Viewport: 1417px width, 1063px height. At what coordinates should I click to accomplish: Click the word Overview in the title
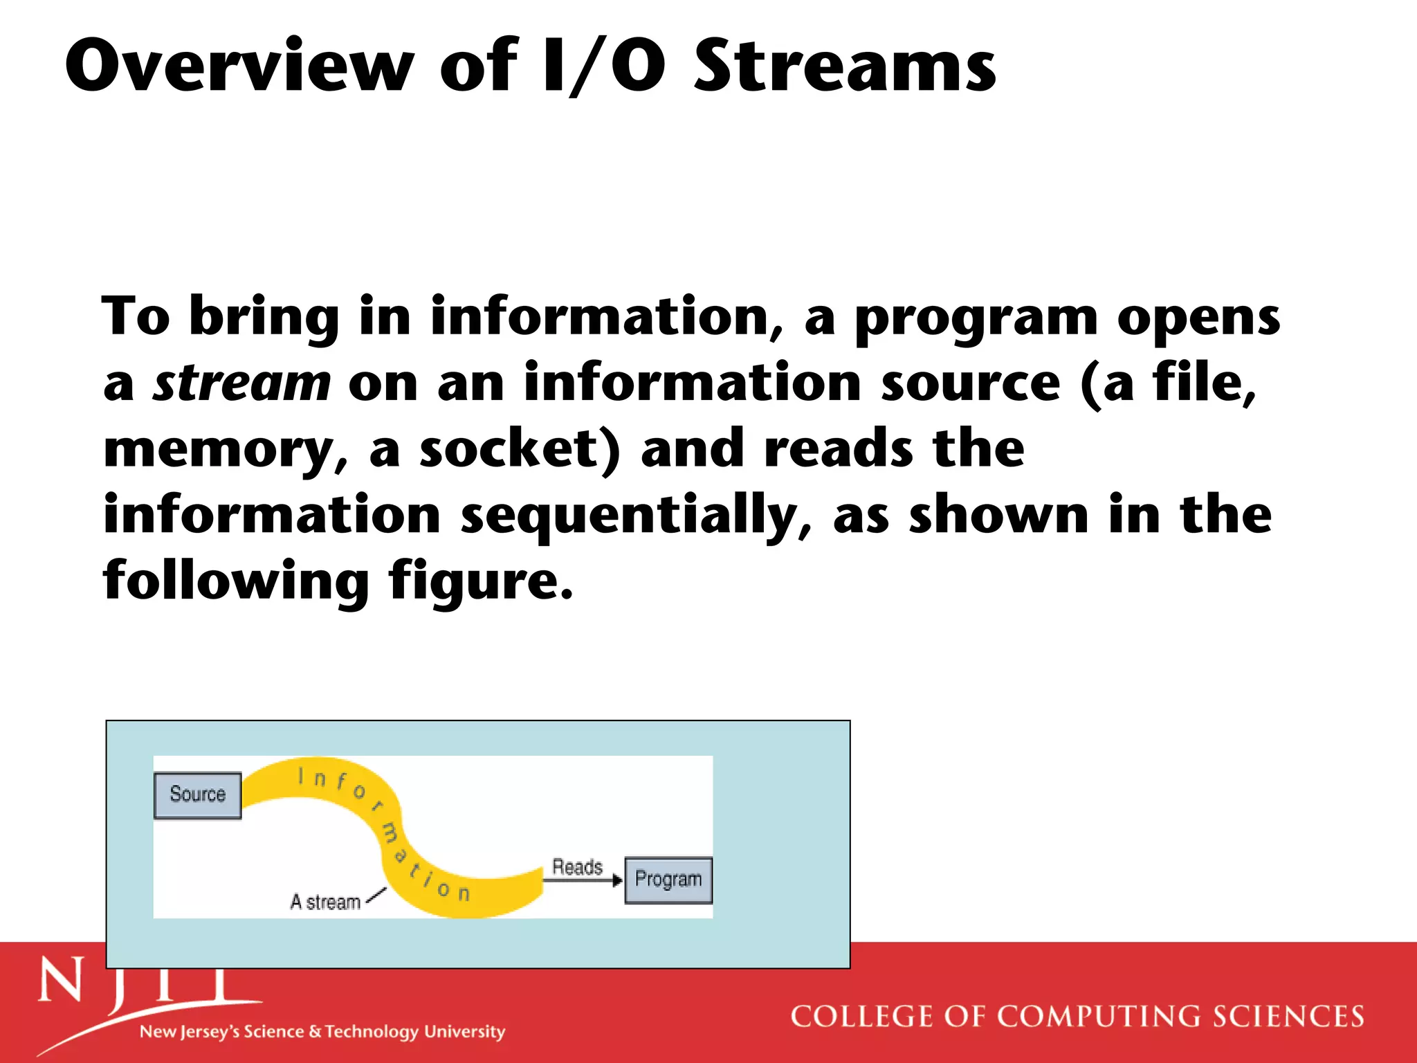click(239, 66)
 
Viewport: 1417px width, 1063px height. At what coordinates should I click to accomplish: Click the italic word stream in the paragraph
click(241, 383)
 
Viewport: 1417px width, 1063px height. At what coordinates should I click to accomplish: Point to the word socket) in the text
click(520, 448)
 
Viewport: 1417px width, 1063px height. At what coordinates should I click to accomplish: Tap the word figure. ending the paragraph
click(480, 581)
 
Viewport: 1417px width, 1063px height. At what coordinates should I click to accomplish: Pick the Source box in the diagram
click(198, 794)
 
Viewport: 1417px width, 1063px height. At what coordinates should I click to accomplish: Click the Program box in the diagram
click(668, 880)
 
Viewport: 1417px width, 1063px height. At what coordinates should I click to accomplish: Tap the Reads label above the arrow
click(577, 866)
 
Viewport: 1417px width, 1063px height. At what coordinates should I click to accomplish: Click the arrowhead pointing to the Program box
click(618, 881)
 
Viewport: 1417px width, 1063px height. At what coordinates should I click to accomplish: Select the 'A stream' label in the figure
click(325, 902)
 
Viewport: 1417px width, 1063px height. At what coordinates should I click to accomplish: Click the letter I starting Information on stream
click(301, 776)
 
